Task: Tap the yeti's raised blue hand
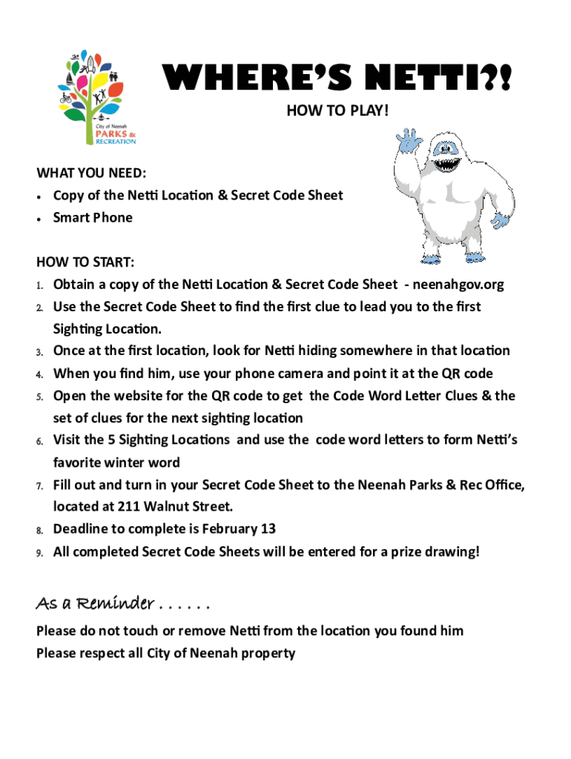pos(409,142)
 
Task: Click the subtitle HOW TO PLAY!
pos(337,111)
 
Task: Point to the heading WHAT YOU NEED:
pos(91,173)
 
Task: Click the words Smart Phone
pos(93,218)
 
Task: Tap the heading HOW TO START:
pos(85,262)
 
